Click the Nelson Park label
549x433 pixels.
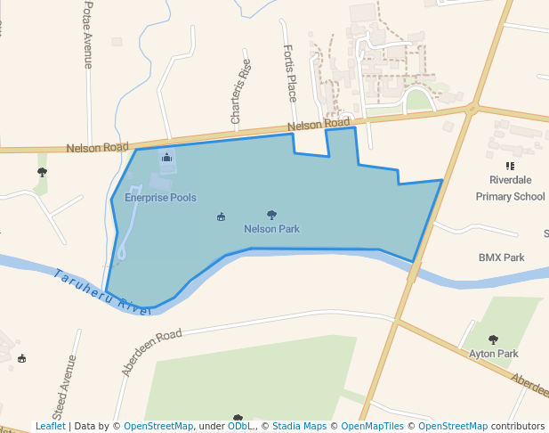coord(271,229)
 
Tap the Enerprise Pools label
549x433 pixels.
coord(160,198)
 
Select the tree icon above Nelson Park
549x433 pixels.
coord(271,215)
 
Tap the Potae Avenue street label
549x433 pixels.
coord(88,35)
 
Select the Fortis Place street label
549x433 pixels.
coord(290,73)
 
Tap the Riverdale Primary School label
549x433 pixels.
coord(510,188)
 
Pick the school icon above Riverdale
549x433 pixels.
coord(510,166)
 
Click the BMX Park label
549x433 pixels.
coord(502,257)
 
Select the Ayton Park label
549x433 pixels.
coord(494,354)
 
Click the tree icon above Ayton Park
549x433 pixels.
coord(494,339)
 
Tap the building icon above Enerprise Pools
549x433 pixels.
coord(166,158)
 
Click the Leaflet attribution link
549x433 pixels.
coord(50,427)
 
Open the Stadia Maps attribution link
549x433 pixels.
coord(298,427)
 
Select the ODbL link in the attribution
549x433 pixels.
coord(239,427)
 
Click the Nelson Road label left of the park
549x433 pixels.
coord(98,147)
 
